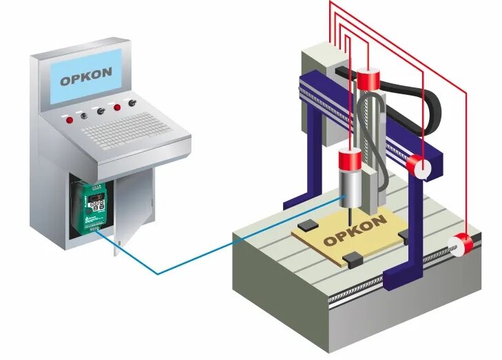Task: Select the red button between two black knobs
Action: coord(116,107)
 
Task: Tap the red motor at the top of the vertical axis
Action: coord(368,79)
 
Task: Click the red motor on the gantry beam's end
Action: coord(418,166)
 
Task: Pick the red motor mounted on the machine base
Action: coord(460,244)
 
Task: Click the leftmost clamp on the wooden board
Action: coord(308,224)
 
